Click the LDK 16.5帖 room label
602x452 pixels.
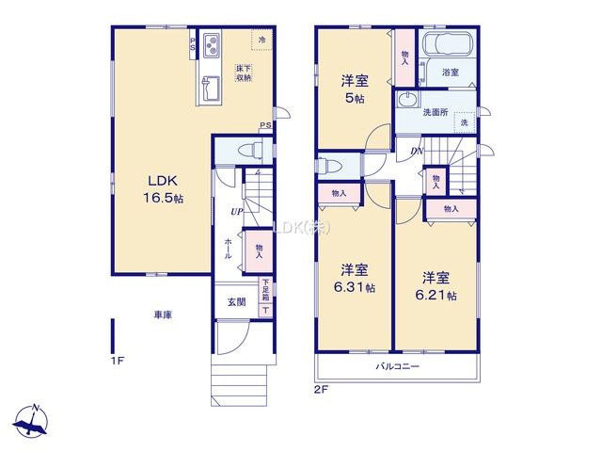[163, 189]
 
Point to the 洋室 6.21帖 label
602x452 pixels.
[437, 285]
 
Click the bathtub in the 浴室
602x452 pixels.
[446, 48]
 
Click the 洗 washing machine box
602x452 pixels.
[465, 121]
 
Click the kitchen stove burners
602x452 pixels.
[210, 42]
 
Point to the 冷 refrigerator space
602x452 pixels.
[262, 40]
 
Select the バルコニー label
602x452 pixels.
[398, 365]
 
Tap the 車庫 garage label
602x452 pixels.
[163, 315]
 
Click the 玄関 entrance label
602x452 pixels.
[236, 302]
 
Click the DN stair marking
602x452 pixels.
[414, 151]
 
